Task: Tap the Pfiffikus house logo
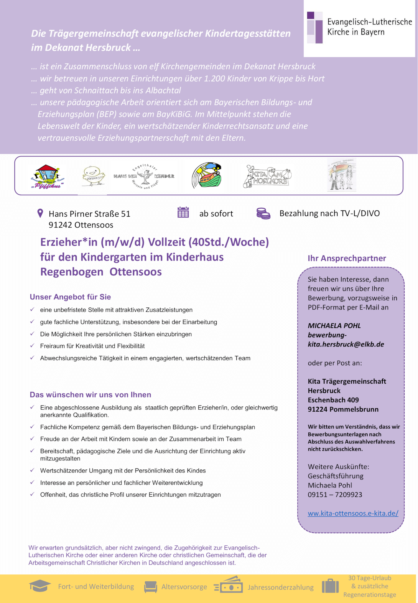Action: click(47, 176)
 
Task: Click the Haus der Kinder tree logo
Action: click(144, 176)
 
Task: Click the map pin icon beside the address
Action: click(40, 213)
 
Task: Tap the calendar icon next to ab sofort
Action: click(183, 213)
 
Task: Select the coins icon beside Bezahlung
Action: click(263, 213)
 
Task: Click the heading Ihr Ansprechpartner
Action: click(347, 258)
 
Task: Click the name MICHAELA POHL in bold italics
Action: click(334, 326)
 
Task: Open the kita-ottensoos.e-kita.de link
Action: click(353, 513)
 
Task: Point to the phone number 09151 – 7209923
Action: click(335, 495)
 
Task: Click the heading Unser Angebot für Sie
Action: click(70, 297)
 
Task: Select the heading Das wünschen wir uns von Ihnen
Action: click(90, 395)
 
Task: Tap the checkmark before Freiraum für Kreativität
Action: click(32, 346)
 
